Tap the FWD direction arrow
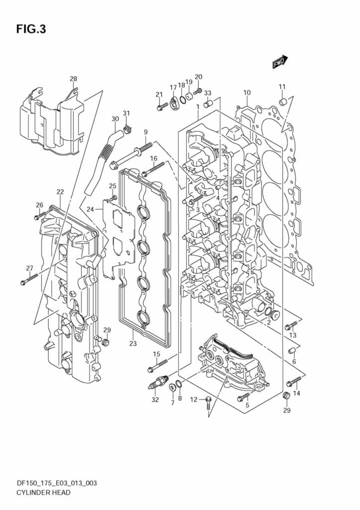point(280,61)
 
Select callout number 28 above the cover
point(73,79)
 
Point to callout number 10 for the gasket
point(247,92)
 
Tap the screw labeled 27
point(29,279)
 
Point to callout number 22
point(60,192)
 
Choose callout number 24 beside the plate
point(90,209)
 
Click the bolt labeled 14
point(294,382)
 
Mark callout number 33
point(208,93)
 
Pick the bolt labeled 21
point(162,106)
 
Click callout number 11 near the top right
point(282,87)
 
